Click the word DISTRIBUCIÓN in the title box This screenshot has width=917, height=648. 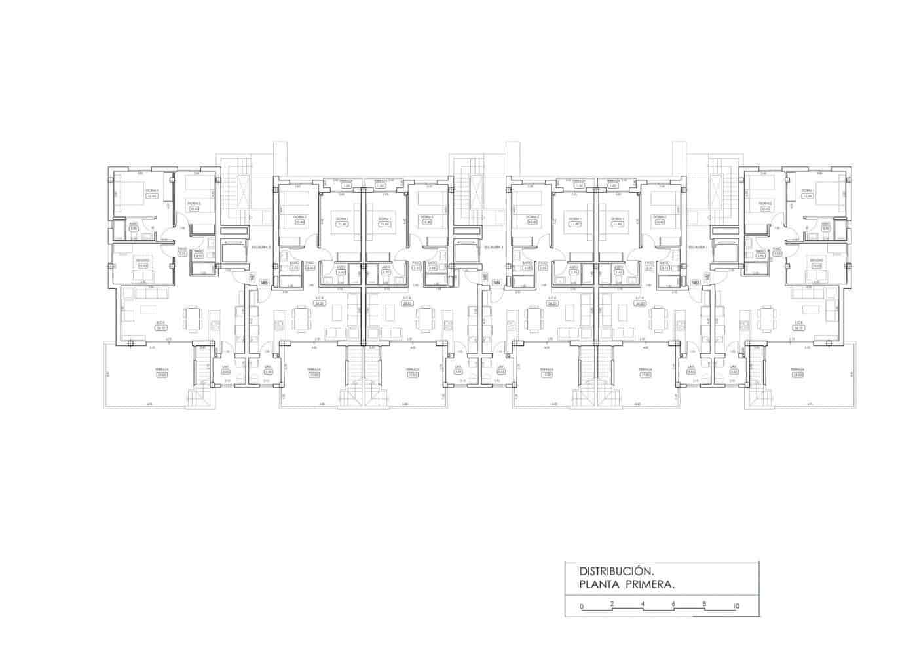click(616, 571)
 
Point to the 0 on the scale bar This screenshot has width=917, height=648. click(582, 607)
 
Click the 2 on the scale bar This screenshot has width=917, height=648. click(612, 604)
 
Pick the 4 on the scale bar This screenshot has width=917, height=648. click(643, 604)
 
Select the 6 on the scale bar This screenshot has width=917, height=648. click(673, 604)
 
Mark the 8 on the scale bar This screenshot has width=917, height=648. click(704, 604)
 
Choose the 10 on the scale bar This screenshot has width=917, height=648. click(736, 607)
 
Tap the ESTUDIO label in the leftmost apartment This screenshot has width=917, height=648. click(143, 260)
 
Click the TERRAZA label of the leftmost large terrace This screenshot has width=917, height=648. click(162, 369)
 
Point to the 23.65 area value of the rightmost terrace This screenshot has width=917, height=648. click(797, 375)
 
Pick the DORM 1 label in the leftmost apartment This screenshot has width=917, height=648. click(151, 190)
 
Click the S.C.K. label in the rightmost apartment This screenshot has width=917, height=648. click(798, 322)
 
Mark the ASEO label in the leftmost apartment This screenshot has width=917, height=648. click(133, 223)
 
